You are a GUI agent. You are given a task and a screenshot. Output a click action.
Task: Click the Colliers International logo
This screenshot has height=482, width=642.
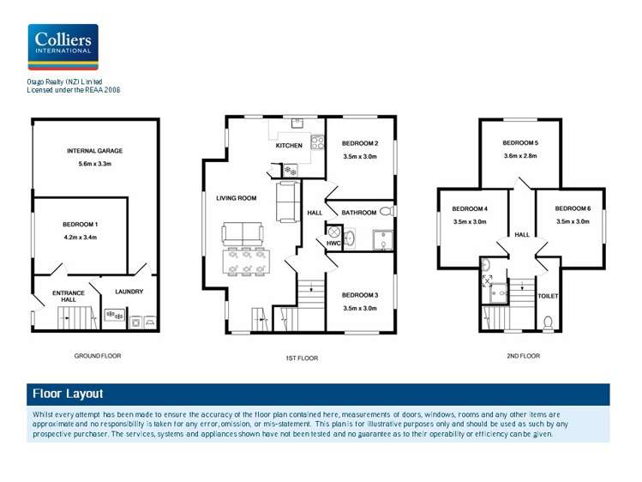coord(63,46)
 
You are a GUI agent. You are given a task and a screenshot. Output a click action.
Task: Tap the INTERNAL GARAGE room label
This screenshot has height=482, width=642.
coord(95,151)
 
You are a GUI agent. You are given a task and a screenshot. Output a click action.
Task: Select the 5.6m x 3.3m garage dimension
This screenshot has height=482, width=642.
coord(95,164)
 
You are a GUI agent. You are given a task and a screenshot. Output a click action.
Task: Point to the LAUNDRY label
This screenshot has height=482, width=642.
coord(129,292)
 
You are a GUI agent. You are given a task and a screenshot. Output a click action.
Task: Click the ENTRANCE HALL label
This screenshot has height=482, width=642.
coord(69,296)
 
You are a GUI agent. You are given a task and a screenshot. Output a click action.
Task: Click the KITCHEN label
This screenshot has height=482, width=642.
coord(289,146)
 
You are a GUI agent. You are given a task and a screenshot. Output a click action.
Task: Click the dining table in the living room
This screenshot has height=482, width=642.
coord(246,262)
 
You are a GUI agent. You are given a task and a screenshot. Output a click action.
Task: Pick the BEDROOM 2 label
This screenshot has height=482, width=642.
coord(360,143)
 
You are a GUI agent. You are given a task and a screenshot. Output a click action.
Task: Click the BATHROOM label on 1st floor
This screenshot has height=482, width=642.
coord(358,212)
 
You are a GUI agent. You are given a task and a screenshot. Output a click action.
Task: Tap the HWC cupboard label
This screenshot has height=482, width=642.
coord(334,244)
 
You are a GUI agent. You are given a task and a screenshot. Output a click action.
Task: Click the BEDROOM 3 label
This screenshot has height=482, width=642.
coord(360,295)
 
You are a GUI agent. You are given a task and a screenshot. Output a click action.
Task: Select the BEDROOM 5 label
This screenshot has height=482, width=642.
coord(520,142)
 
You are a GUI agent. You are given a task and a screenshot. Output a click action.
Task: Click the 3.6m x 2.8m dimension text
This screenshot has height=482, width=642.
coord(520,156)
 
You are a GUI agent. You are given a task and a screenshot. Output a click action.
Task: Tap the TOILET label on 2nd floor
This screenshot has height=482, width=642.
coord(548,296)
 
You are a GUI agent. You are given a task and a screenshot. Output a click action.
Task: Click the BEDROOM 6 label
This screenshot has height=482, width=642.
coord(573,208)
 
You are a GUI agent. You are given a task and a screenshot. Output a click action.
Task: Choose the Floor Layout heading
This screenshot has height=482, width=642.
coord(68,394)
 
